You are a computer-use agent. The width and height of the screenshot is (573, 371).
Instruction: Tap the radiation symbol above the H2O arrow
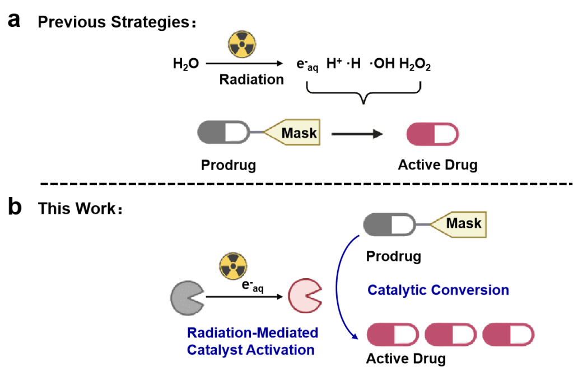(x=242, y=44)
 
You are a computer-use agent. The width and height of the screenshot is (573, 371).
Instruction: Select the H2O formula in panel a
(x=186, y=65)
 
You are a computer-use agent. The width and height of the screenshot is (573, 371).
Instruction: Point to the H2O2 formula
(x=414, y=65)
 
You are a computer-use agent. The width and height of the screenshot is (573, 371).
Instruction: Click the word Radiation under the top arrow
(x=251, y=79)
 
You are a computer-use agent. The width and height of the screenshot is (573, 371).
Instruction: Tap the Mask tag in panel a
(x=295, y=133)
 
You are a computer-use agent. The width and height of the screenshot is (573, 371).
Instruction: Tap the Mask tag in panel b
(x=459, y=224)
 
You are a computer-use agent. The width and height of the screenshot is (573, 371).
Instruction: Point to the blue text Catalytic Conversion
(x=437, y=290)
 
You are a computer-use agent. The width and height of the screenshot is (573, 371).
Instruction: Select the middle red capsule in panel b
(x=451, y=334)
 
